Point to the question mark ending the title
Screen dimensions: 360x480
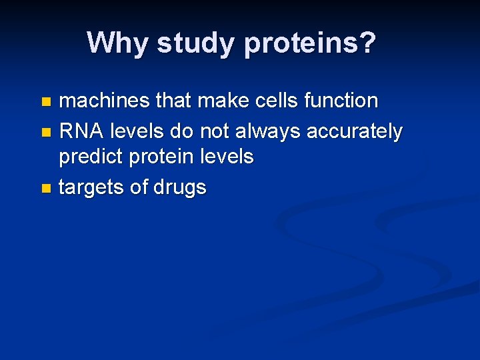click(x=368, y=43)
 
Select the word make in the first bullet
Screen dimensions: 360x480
click(x=219, y=101)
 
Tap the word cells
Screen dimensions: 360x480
click(x=277, y=101)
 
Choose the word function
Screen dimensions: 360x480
click(x=341, y=101)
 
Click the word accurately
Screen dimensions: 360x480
click(x=354, y=132)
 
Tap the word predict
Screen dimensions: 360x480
click(x=91, y=157)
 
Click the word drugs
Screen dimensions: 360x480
click(x=180, y=188)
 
